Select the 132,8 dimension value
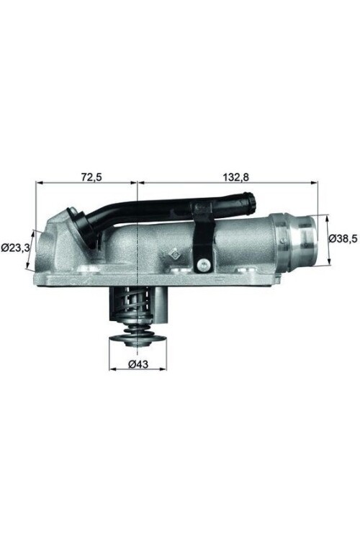[236, 177]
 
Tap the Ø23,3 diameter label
[14, 248]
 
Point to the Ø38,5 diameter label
[343, 238]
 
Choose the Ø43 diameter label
[138, 364]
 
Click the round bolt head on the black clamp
[204, 264]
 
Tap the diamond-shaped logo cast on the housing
[175, 254]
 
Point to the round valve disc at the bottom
[138, 341]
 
